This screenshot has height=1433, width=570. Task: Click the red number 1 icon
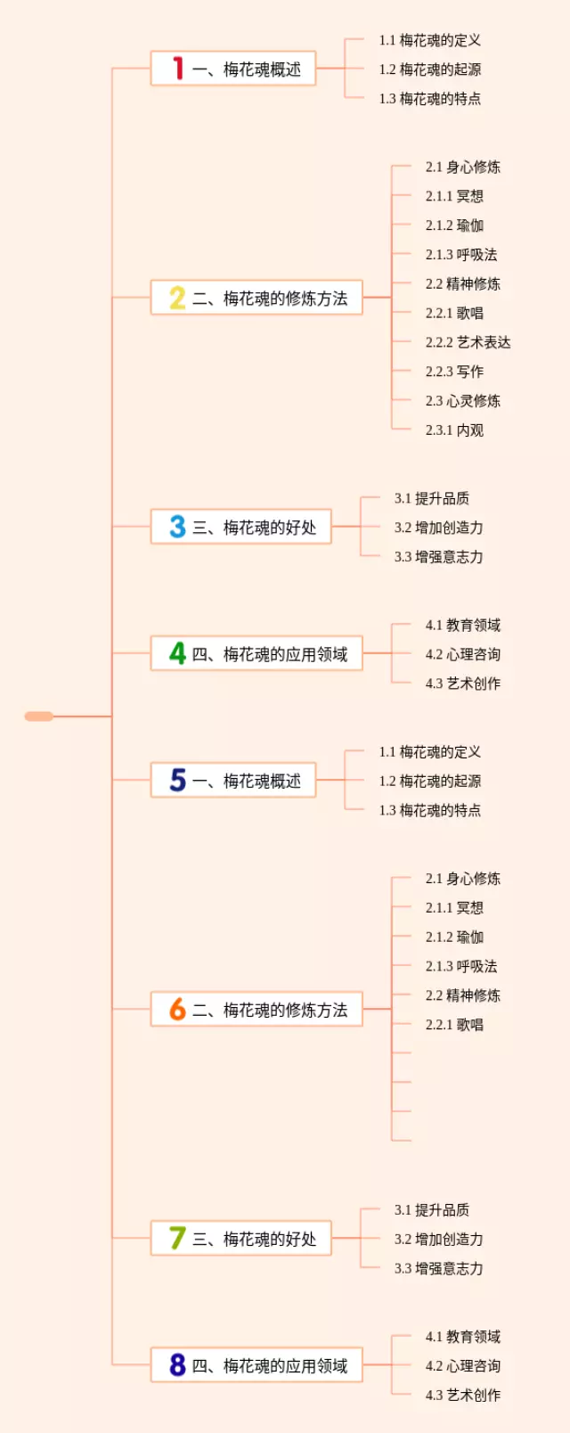click(178, 69)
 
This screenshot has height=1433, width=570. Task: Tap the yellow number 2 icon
click(177, 298)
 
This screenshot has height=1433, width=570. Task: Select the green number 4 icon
click(178, 653)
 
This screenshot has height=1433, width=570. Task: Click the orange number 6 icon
click(177, 1009)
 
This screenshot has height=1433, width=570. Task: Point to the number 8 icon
click(178, 1364)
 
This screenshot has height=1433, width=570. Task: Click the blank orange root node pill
click(39, 716)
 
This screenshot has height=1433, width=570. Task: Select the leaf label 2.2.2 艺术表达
click(468, 342)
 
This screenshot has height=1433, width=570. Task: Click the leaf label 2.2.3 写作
click(454, 372)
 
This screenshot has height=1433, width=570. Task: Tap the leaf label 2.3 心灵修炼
click(462, 401)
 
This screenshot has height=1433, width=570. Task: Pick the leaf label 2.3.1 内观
click(454, 430)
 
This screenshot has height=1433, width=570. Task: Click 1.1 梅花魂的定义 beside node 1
click(429, 40)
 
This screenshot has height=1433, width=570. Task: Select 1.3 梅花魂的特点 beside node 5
click(429, 810)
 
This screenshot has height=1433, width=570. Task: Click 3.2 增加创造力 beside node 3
click(438, 528)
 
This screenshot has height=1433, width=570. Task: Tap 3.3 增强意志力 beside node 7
click(438, 1268)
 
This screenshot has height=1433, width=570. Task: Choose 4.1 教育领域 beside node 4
click(462, 625)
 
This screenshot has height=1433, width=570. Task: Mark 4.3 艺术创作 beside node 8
click(462, 1395)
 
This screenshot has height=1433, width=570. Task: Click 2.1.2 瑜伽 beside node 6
click(454, 937)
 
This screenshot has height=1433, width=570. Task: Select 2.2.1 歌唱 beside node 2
click(454, 313)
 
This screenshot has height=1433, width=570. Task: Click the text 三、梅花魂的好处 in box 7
click(254, 1239)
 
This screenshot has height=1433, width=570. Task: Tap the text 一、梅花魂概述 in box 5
click(247, 781)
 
